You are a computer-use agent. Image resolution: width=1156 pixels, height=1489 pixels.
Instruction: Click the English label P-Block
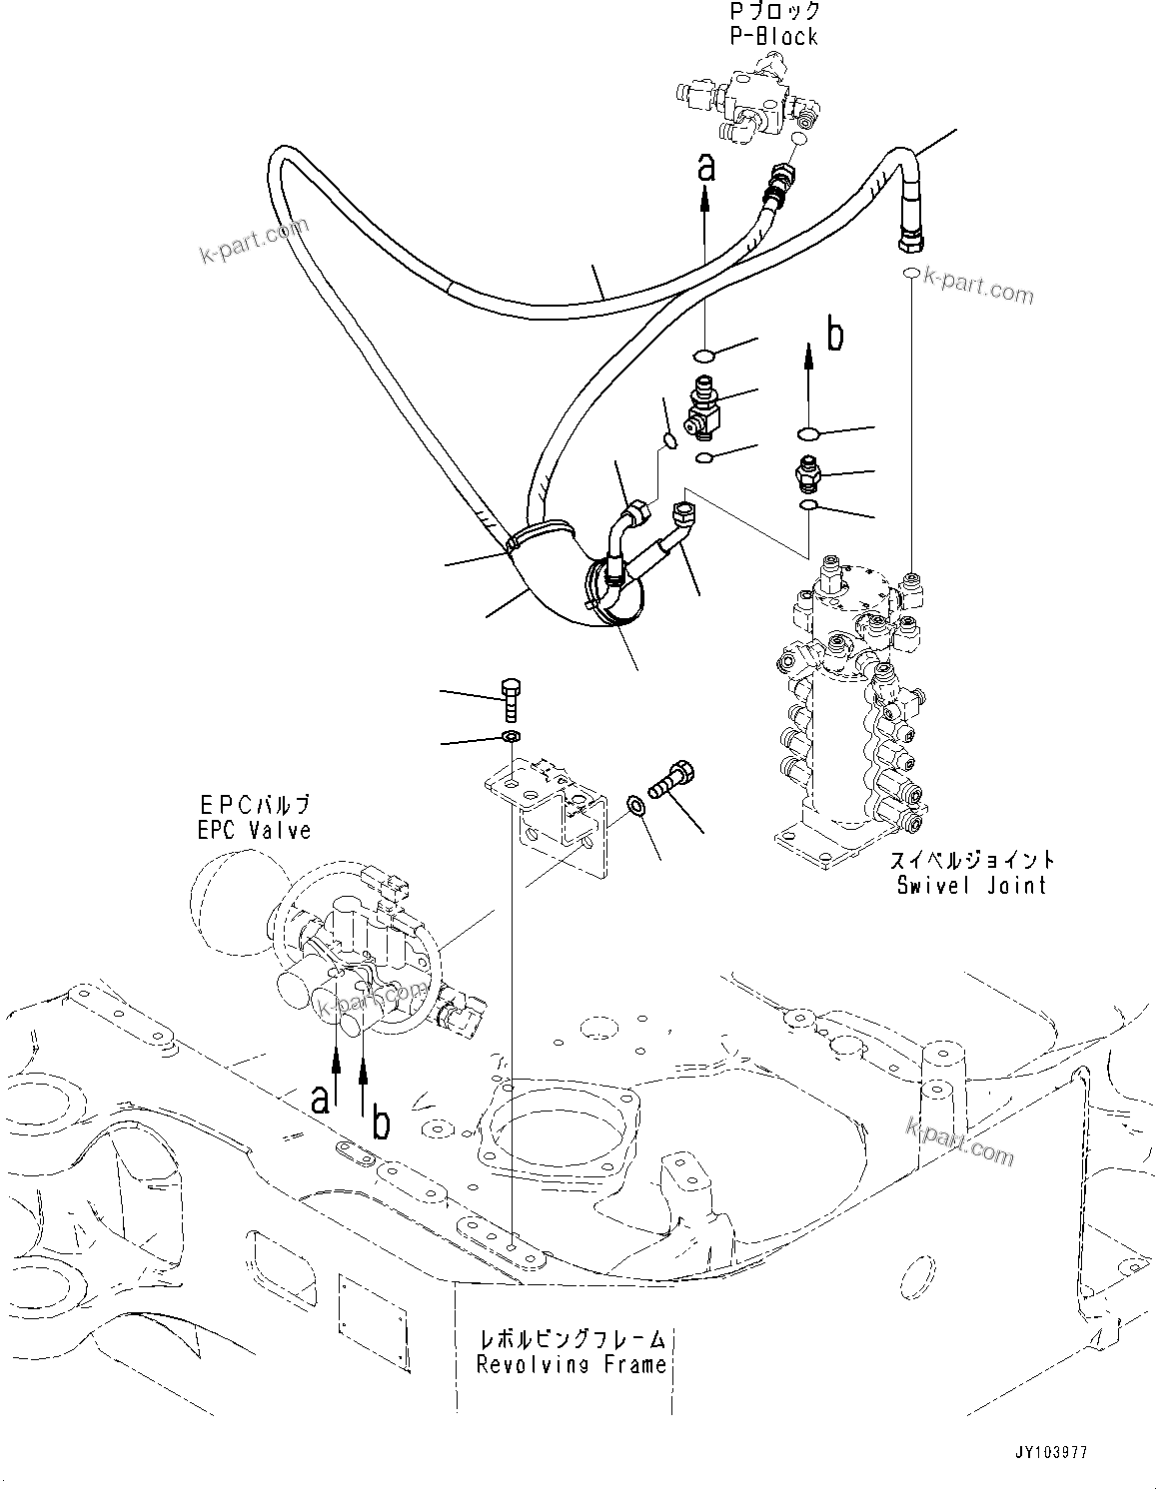[772, 37]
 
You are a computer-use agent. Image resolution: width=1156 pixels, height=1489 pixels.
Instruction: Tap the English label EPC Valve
[254, 830]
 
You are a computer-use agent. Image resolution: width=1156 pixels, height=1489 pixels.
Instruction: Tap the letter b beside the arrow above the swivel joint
[834, 337]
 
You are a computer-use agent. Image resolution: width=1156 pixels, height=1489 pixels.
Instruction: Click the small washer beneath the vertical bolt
[510, 737]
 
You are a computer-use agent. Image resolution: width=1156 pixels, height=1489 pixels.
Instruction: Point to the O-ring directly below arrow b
[808, 432]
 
